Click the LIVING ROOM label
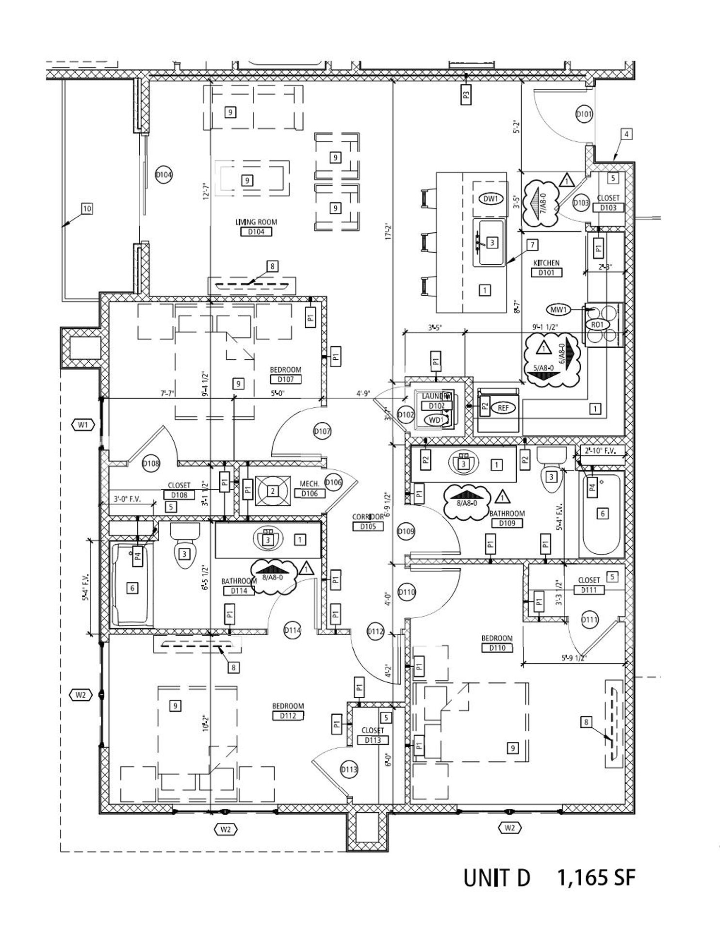click(256, 222)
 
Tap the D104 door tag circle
click(164, 175)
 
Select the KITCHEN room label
click(546, 263)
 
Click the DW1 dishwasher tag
click(491, 199)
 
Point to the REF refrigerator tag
click(503, 408)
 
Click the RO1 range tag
click(597, 324)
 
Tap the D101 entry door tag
click(584, 114)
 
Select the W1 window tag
click(83, 425)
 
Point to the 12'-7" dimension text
click(206, 191)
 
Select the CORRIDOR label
click(368, 517)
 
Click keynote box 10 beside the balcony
click(87, 209)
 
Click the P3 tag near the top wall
click(466, 95)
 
